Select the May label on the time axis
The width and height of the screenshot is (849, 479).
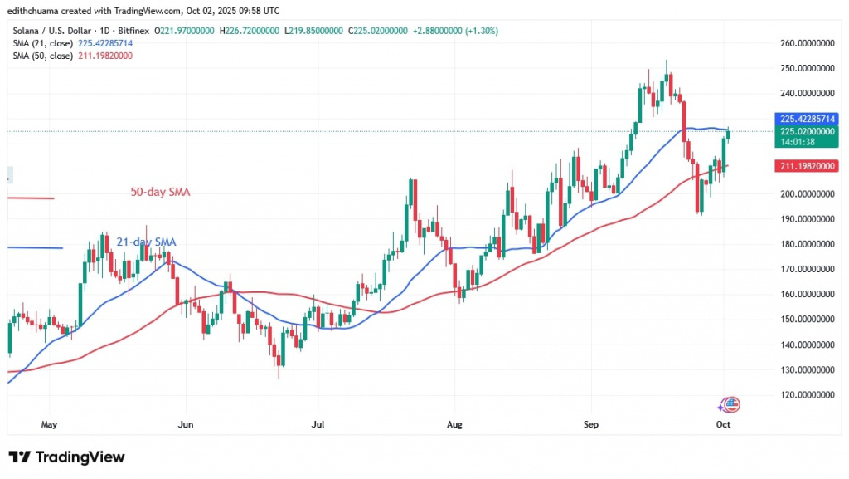pyautogui.click(x=49, y=424)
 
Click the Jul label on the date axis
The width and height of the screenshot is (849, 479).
pyautogui.click(x=318, y=424)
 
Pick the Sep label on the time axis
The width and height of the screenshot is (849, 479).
pyautogui.click(x=590, y=424)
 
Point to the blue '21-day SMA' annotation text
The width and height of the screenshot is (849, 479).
pyautogui.click(x=145, y=242)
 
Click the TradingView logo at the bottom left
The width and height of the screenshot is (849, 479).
pyautogui.click(x=67, y=457)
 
